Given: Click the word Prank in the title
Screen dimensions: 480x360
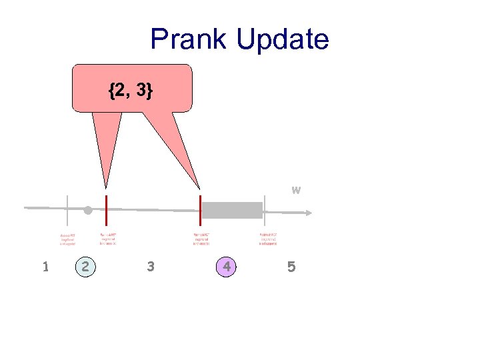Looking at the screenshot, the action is (189, 39).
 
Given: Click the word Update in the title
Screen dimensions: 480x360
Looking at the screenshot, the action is (282, 39).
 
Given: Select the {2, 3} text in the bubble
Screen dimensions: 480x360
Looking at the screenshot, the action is (131, 91).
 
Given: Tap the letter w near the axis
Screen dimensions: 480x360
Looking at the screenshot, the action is (296, 190).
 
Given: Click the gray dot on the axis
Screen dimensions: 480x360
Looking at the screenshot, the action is (87, 211).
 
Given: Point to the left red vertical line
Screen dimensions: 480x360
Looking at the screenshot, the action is (107, 211).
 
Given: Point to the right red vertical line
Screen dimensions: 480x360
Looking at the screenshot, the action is (200, 211).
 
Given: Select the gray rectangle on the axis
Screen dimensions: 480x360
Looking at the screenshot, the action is (232, 210).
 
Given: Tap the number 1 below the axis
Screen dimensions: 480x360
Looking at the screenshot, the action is (45, 267).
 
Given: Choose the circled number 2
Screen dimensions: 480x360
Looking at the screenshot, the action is (85, 267).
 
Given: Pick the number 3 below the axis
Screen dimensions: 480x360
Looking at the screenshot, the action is (151, 267).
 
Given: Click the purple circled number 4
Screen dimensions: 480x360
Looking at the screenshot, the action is (227, 267).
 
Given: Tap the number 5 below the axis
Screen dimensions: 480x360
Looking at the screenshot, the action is (291, 267).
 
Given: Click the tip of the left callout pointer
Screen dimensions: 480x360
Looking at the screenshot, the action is (105, 188).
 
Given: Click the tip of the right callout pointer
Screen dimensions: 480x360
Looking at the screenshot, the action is (199, 189).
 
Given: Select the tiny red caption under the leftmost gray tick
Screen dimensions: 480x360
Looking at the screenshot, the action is (67, 239).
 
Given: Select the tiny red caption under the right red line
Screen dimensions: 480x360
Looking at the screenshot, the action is (203, 239).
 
